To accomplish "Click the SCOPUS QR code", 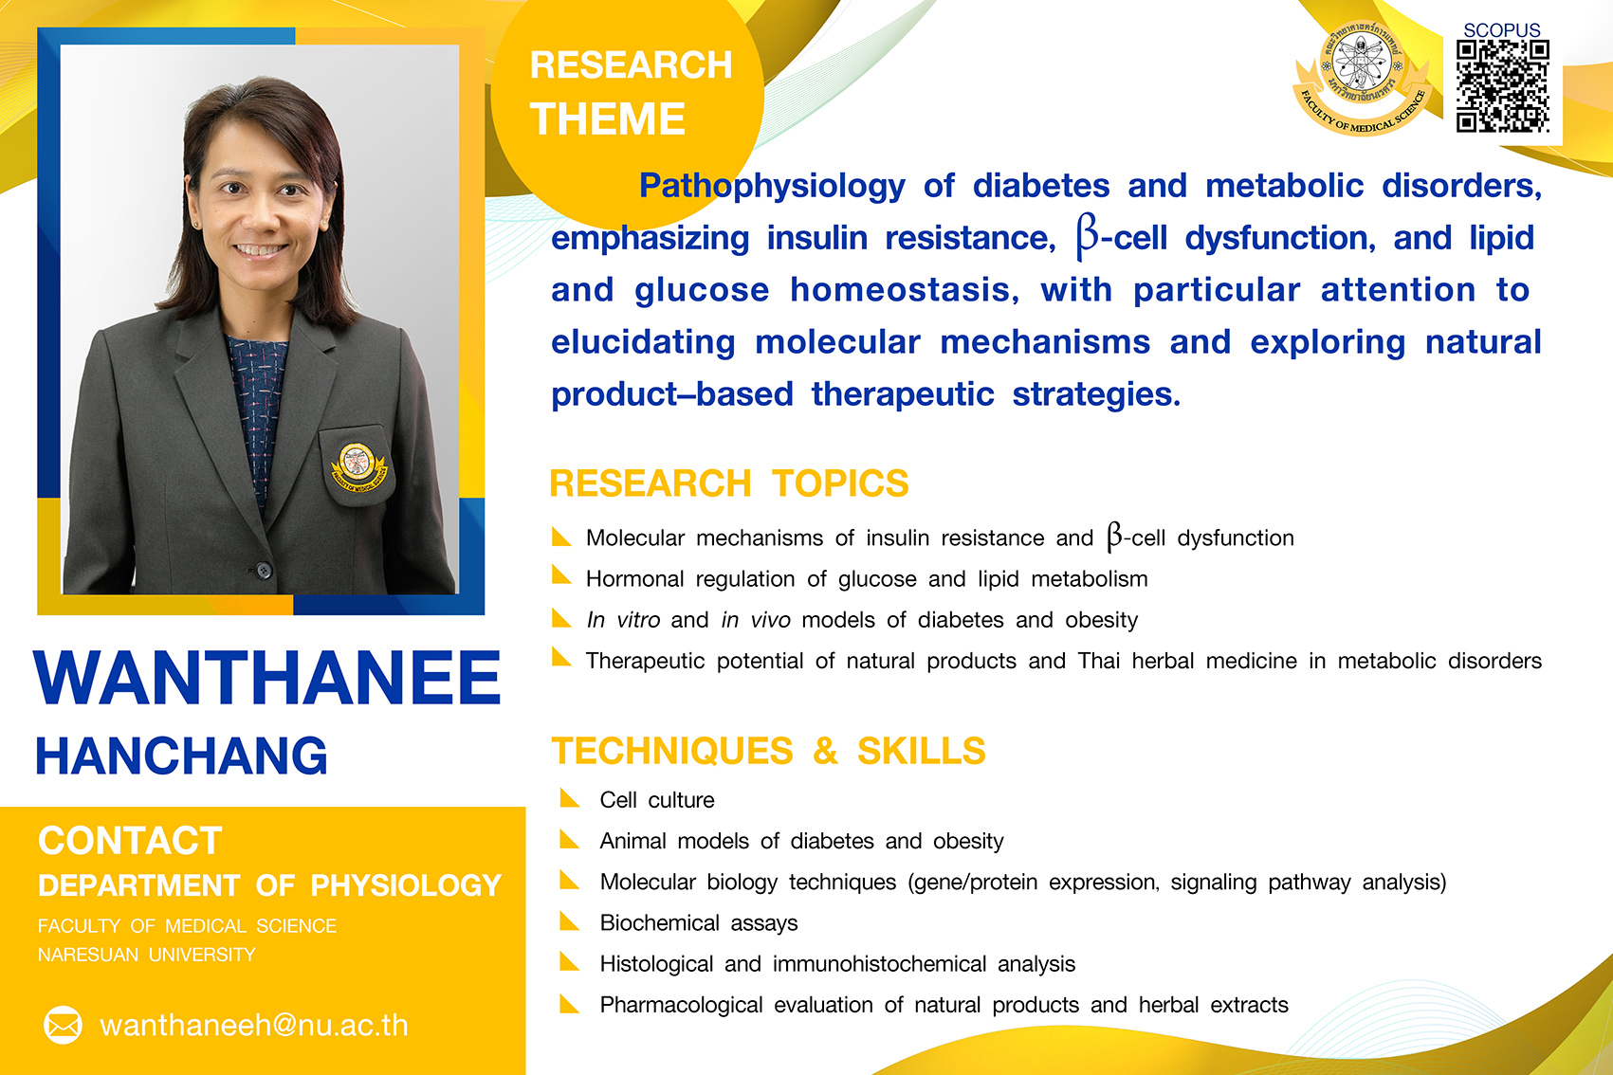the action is [x=1502, y=86].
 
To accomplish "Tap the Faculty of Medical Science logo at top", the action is [x=1361, y=77].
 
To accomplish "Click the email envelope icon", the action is [x=63, y=1025].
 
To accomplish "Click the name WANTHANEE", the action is [x=266, y=678].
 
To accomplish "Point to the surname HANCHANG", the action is [x=181, y=756].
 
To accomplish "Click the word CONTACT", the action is [x=130, y=840].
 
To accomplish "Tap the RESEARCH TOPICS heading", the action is [x=728, y=483].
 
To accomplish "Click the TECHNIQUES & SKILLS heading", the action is [x=768, y=750].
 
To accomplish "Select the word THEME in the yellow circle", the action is [x=607, y=118].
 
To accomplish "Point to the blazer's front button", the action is [x=265, y=571].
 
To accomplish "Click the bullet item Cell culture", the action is [x=657, y=800].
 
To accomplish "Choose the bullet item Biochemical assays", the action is [x=699, y=923].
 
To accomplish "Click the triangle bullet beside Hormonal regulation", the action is [x=561, y=574].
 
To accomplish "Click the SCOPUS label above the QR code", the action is [x=1501, y=30].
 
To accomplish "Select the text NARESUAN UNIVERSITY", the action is [x=147, y=955].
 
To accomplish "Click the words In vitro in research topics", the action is [x=623, y=620].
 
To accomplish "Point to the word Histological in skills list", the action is [x=656, y=964].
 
